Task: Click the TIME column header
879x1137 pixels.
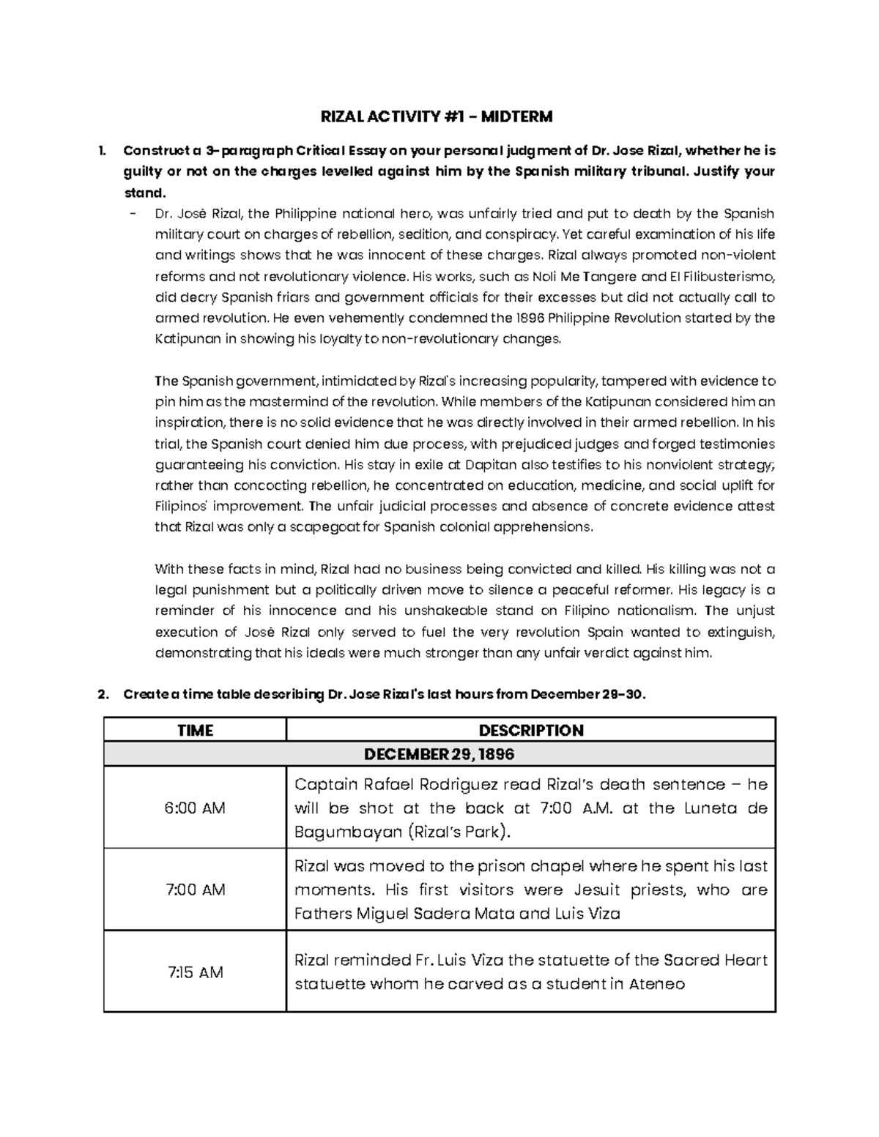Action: click(x=195, y=730)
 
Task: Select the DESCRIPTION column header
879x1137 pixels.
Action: click(x=530, y=730)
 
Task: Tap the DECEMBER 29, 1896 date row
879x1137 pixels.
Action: click(x=439, y=754)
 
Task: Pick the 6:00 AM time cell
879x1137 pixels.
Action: click(x=195, y=808)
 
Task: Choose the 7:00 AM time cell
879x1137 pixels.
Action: click(x=195, y=890)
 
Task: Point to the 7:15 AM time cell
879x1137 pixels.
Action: click(x=195, y=972)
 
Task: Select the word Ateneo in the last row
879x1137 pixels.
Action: click(x=657, y=984)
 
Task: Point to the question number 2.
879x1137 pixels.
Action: click(x=102, y=695)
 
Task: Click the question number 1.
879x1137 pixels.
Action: click(x=101, y=152)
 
